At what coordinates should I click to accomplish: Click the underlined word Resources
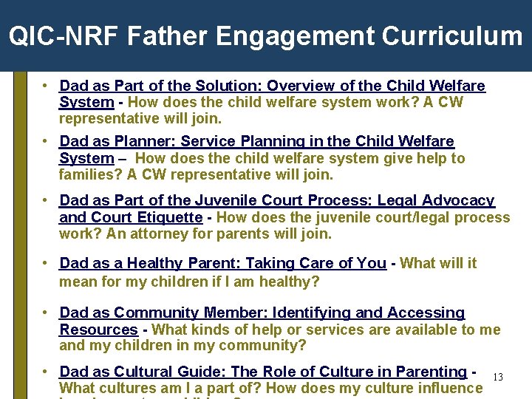(98, 330)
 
